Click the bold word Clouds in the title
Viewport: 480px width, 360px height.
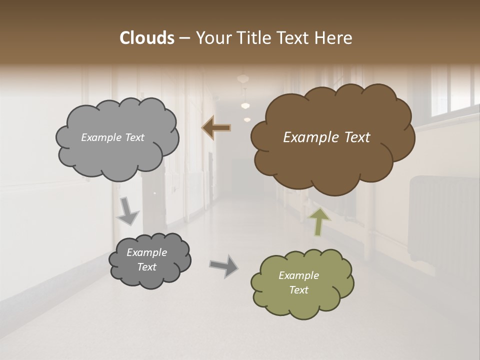tap(146, 38)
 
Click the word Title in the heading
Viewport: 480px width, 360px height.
tap(254, 38)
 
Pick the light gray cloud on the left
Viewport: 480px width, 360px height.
tap(117, 157)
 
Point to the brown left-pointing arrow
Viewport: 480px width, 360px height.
tap(216, 128)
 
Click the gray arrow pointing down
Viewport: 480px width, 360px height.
tap(127, 210)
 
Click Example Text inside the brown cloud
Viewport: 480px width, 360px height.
tap(326, 137)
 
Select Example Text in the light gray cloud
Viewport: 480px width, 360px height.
tap(112, 137)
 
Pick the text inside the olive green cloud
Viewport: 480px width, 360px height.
tap(298, 282)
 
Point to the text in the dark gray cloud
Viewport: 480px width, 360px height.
tap(146, 259)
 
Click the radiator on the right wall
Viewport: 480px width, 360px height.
tap(440, 220)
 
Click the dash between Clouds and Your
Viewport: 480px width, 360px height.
tap(184, 38)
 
